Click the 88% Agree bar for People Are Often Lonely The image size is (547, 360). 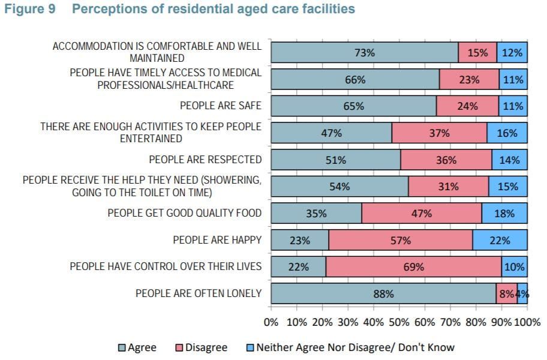tap(383, 293)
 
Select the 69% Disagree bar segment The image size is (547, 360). tap(413, 266)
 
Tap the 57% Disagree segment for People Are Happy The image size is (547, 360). tap(400, 240)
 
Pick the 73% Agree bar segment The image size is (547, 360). tap(364, 52)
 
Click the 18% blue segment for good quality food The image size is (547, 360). tap(504, 213)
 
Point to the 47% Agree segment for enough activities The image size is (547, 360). tap(331, 133)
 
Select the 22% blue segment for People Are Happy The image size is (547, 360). tap(500, 240)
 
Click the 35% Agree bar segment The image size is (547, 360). tap(316, 213)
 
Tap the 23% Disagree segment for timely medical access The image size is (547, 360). tap(469, 79)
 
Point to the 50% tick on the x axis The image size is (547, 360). tap(399, 322)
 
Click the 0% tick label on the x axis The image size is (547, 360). tap(272, 322)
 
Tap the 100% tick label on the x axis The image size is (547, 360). tap(527, 322)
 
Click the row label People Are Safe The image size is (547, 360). tap(221, 106)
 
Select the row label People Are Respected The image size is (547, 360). tap(205, 159)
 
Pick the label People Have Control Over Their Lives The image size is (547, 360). tap(166, 266)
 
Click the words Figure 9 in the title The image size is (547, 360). tap(34, 10)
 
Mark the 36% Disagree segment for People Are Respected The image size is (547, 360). tap(446, 160)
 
